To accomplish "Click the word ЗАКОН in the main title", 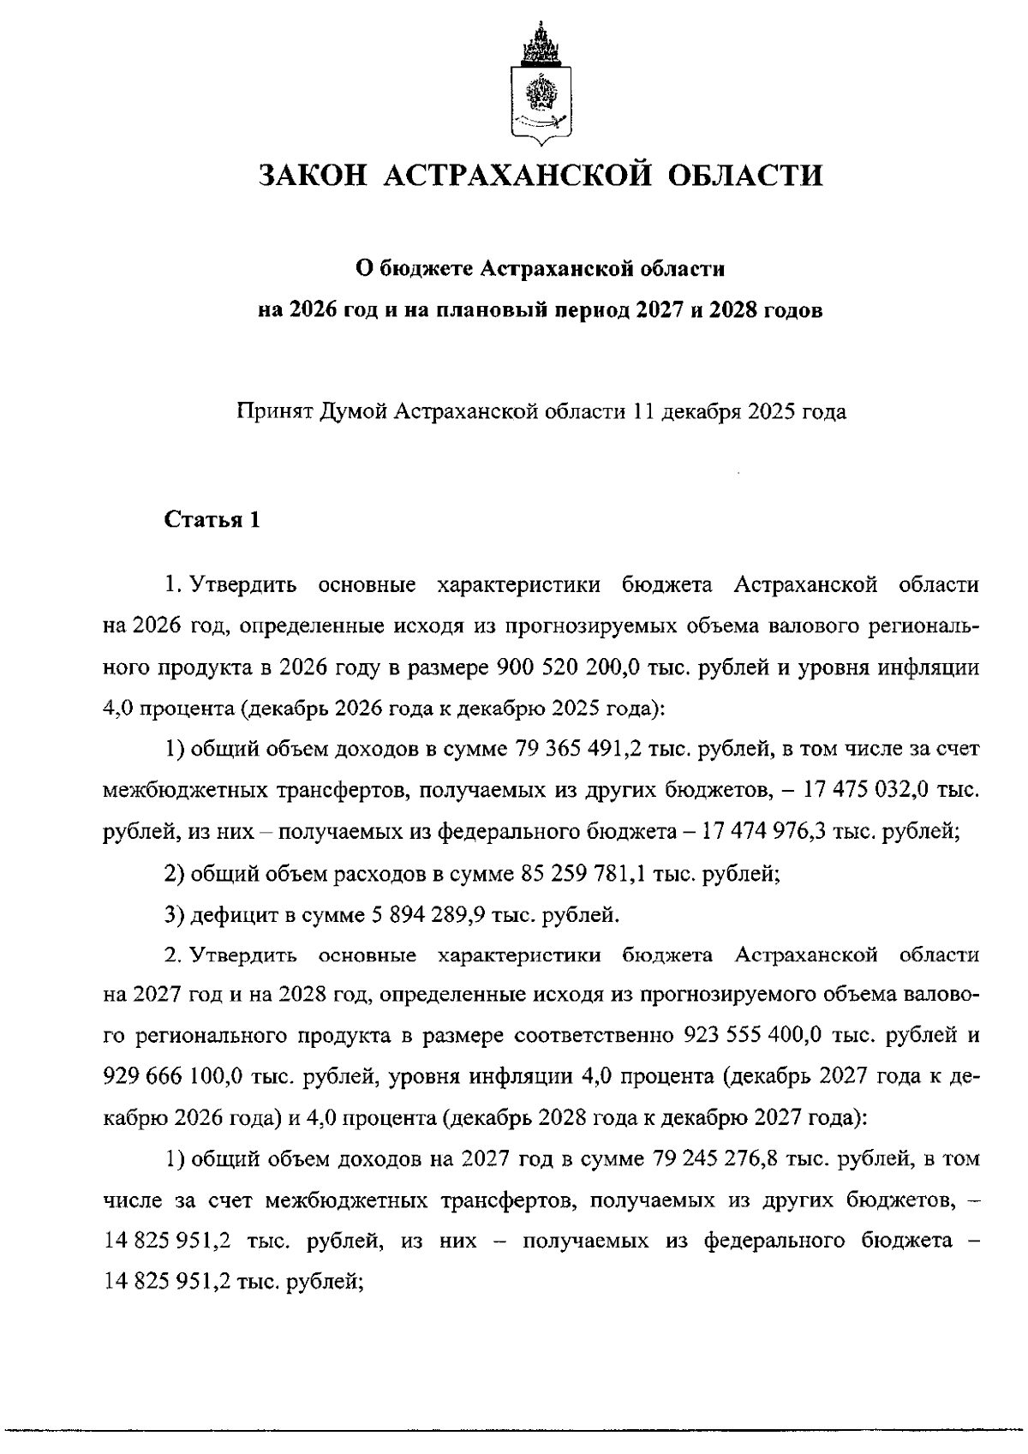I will pos(312,177).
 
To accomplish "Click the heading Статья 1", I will pos(211,520).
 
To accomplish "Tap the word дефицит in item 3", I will pos(230,916).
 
